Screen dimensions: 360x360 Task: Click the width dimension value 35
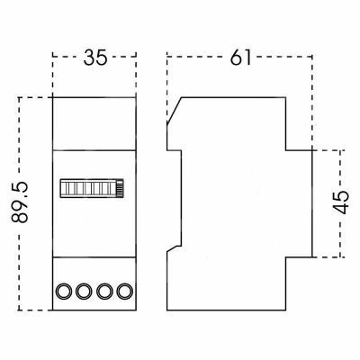click(95, 58)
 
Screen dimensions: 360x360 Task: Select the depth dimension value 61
click(240, 57)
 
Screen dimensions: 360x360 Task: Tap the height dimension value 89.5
click(20, 202)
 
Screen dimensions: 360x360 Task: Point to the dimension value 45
click(341, 202)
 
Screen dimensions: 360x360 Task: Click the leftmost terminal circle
click(64, 291)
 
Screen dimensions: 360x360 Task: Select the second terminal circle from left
click(84, 291)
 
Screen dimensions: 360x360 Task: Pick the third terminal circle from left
click(104, 291)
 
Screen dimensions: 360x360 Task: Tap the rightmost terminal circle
click(124, 291)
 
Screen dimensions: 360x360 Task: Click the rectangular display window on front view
click(92, 188)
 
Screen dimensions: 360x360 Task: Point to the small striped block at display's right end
click(120, 188)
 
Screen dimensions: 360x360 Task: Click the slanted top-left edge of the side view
click(175, 111)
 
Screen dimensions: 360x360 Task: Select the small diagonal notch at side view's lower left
click(174, 248)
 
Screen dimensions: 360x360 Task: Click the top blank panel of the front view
click(94, 123)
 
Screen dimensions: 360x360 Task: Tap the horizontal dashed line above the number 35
click(94, 56)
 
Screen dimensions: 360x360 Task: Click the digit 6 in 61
click(237, 57)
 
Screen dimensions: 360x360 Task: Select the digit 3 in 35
click(89, 58)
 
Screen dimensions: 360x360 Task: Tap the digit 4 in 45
click(341, 209)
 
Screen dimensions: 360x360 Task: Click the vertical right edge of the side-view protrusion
click(312, 203)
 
